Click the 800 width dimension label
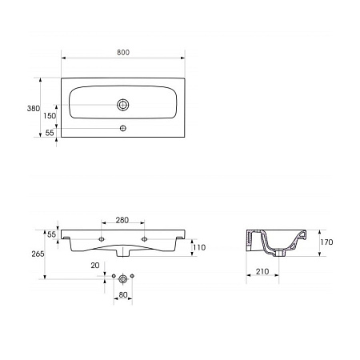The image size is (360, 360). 123,53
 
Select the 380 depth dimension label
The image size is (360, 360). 34,108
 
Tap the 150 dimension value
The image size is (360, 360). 50,116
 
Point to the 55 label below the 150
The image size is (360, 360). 50,133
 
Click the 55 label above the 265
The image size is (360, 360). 51,234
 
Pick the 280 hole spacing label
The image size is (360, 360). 122,220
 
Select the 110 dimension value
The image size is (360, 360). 199,247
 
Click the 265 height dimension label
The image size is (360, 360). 38,254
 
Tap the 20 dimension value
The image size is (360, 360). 95,266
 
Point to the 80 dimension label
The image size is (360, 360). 123,295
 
